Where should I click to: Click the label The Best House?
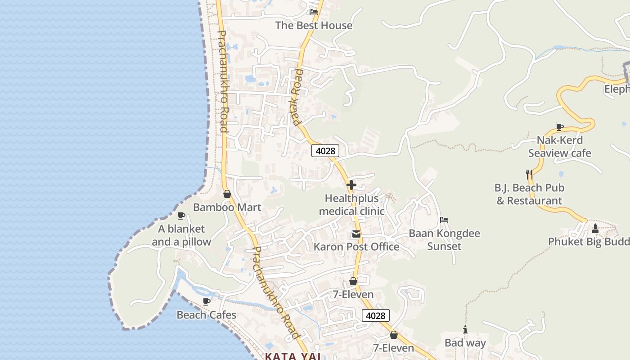pyautogui.click(x=314, y=26)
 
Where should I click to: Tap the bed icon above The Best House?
pyautogui.click(x=313, y=12)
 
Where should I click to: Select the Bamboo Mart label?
pyautogui.click(x=227, y=207)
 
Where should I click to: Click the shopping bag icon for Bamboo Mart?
pyautogui.click(x=227, y=194)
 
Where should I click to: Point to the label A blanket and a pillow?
pyautogui.click(x=181, y=235)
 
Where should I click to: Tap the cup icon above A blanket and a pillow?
pyautogui.click(x=181, y=216)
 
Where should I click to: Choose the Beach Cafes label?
pyautogui.click(x=206, y=315)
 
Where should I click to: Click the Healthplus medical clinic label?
pyautogui.click(x=351, y=205)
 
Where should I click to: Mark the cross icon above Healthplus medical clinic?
pyautogui.click(x=351, y=185)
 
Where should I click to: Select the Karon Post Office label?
pyautogui.click(x=356, y=247)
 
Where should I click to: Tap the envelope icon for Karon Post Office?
pyautogui.click(x=356, y=234)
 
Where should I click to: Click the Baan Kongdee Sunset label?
pyautogui.click(x=444, y=240)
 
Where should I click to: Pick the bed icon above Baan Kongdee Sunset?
pyautogui.click(x=444, y=220)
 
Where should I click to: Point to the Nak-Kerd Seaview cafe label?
pyautogui.click(x=559, y=147)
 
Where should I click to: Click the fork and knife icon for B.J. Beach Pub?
pyautogui.click(x=529, y=174)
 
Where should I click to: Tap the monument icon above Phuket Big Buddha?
pyautogui.click(x=595, y=229)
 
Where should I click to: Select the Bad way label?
pyautogui.click(x=465, y=343)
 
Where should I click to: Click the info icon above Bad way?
pyautogui.click(x=465, y=330)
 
